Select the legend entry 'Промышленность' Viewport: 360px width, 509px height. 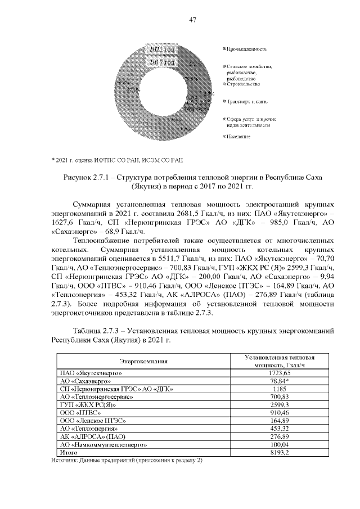pos(247,50)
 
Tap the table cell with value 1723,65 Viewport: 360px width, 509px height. pos(279,373)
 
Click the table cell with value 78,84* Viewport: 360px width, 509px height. pos(279,381)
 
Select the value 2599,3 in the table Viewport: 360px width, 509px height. pos(279,404)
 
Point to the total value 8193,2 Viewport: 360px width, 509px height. pos(279,452)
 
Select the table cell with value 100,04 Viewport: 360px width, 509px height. pos(279,444)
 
